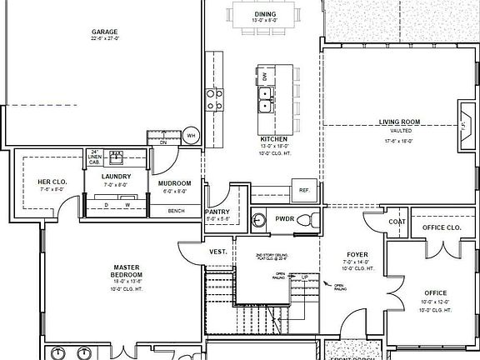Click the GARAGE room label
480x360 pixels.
[106, 33]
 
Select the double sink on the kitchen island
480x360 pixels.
[267, 100]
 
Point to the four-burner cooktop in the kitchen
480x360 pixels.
[214, 100]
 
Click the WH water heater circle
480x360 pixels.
[190, 136]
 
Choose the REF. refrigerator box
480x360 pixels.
[304, 190]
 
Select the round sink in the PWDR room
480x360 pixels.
[260, 220]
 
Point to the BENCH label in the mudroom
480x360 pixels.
[176, 211]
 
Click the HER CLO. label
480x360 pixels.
[52, 182]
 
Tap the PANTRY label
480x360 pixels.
[217, 212]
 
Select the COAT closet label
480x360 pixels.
[397, 221]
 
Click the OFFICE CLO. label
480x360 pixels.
[442, 227]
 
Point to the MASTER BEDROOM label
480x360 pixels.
[130, 272]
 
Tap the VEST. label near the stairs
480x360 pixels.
[218, 251]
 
